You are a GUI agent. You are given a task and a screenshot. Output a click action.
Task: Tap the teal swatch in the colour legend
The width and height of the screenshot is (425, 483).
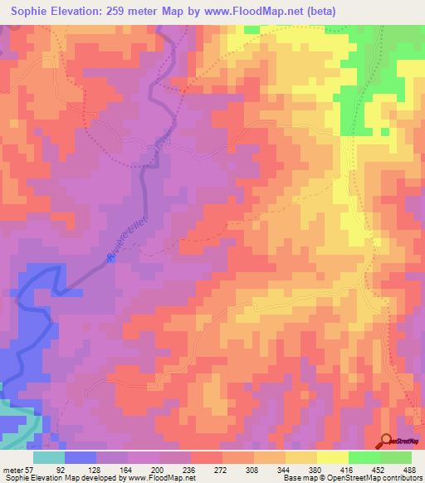49,456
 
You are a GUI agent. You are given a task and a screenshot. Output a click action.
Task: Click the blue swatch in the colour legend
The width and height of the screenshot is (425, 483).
81,456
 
